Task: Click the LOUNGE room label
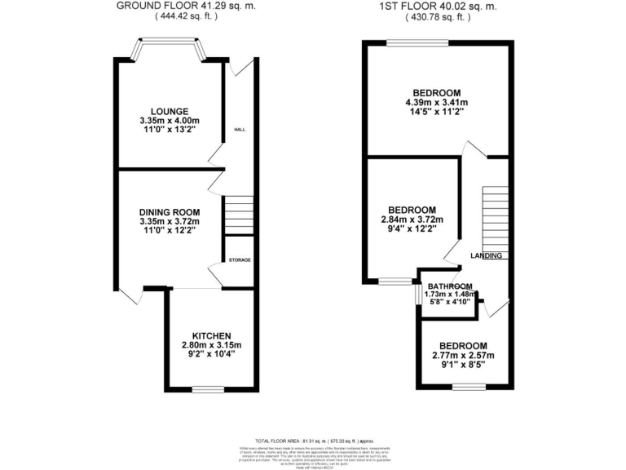pyautogui.click(x=169, y=112)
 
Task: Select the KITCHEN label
pyautogui.click(x=212, y=335)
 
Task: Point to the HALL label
pyautogui.click(x=240, y=130)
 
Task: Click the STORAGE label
pyautogui.click(x=240, y=260)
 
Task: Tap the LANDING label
pyautogui.click(x=487, y=255)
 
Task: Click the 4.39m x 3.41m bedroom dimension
pyautogui.click(x=436, y=103)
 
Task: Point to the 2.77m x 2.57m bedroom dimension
pyautogui.click(x=462, y=357)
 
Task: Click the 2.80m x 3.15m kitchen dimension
pyautogui.click(x=212, y=346)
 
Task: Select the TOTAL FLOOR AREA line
pyautogui.click(x=313, y=441)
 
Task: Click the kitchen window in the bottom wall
pyautogui.click(x=208, y=390)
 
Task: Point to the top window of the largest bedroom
pyautogui.click(x=417, y=42)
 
